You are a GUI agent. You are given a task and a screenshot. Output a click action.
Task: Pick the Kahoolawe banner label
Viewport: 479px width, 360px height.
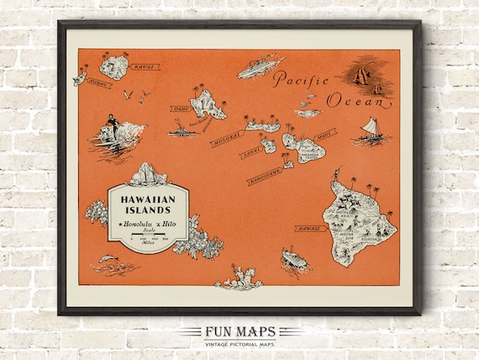[x=267, y=177]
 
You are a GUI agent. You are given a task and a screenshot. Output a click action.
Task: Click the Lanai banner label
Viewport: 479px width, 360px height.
[x=250, y=154]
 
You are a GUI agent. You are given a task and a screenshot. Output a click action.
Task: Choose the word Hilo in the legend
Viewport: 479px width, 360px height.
[x=170, y=226]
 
